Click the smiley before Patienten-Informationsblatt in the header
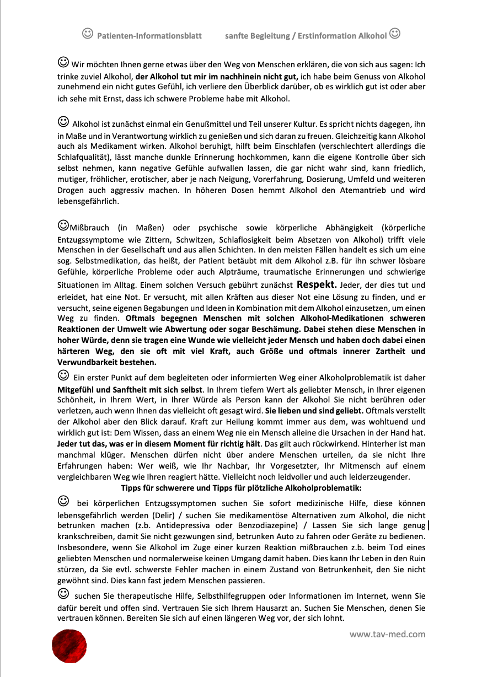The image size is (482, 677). click(x=87, y=34)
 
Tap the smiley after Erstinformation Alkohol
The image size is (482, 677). click(x=395, y=34)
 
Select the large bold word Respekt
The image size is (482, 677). click(x=317, y=285)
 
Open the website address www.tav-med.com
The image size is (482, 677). click(x=387, y=634)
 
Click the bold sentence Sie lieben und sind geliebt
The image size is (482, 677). click(x=314, y=411)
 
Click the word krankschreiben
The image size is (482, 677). click(x=85, y=536)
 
